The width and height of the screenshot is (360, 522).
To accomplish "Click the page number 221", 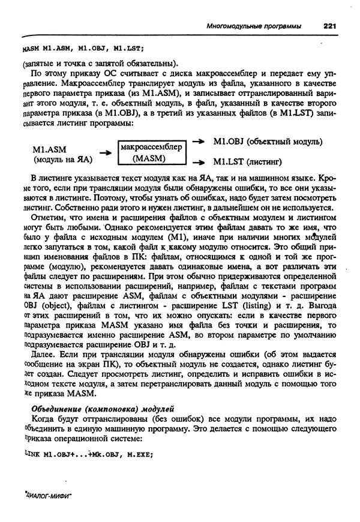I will [x=332, y=26].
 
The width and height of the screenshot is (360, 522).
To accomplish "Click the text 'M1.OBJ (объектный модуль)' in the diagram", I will [x=268, y=142].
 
